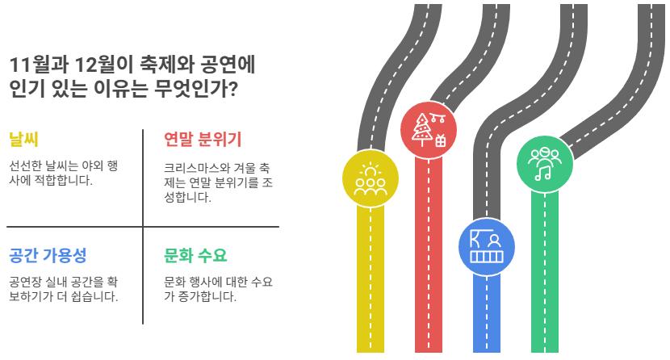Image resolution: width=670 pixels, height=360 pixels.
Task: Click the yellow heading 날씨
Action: [x=23, y=139]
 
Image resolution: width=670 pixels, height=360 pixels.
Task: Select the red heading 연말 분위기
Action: [x=202, y=139]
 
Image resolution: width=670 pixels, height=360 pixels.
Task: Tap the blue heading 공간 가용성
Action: [x=47, y=256]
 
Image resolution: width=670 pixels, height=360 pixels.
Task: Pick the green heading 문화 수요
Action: [x=195, y=256]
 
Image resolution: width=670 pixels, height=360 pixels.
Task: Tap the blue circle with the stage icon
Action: [x=486, y=246]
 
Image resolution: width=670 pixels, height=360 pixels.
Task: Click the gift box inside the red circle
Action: [x=441, y=140]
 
